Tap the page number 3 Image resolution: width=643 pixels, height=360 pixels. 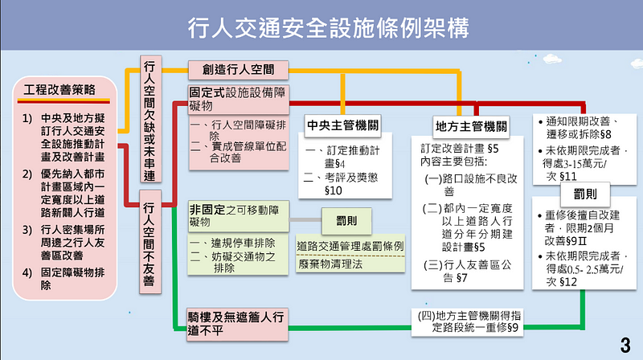(x=625, y=346)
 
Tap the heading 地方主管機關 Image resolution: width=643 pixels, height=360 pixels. (x=468, y=125)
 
